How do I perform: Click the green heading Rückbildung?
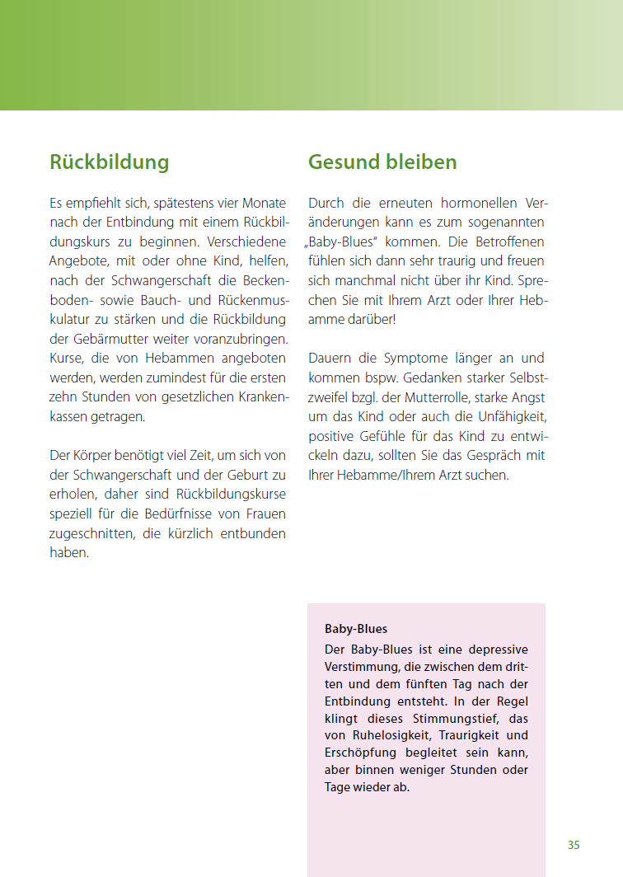coord(109,162)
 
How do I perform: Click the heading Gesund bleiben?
coord(382,162)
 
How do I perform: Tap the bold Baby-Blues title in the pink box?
coord(356,629)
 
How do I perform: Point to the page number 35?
coord(574,845)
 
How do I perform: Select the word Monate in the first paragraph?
coord(264,203)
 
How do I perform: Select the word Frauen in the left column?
coord(265,514)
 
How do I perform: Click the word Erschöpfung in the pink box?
coord(360,753)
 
